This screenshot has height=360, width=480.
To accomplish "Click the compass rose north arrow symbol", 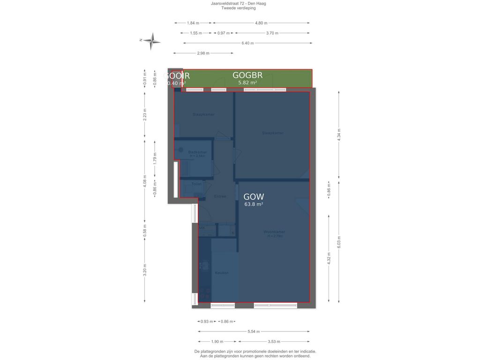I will coord(151,41).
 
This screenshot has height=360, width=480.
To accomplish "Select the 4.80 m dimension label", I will coord(261,23).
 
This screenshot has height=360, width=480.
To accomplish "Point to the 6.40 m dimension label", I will coord(247,43).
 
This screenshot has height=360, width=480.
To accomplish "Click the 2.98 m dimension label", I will coord(203,53).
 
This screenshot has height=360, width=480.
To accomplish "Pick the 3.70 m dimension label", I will coord(272,33).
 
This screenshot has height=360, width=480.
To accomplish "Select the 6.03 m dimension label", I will coord(339,241).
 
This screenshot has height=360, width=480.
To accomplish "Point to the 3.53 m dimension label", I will coord(274,342).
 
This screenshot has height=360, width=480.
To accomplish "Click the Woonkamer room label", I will coord(274,232).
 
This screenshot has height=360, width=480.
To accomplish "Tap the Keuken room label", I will coord(221,273).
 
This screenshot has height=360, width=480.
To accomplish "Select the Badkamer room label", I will coord(197,152).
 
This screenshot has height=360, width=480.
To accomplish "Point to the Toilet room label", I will coord(196,184).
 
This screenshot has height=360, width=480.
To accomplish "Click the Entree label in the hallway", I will coord(220,196).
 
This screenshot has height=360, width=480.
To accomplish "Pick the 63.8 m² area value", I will coord(254,204).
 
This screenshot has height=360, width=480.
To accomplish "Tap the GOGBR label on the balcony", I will coord(247,75).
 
